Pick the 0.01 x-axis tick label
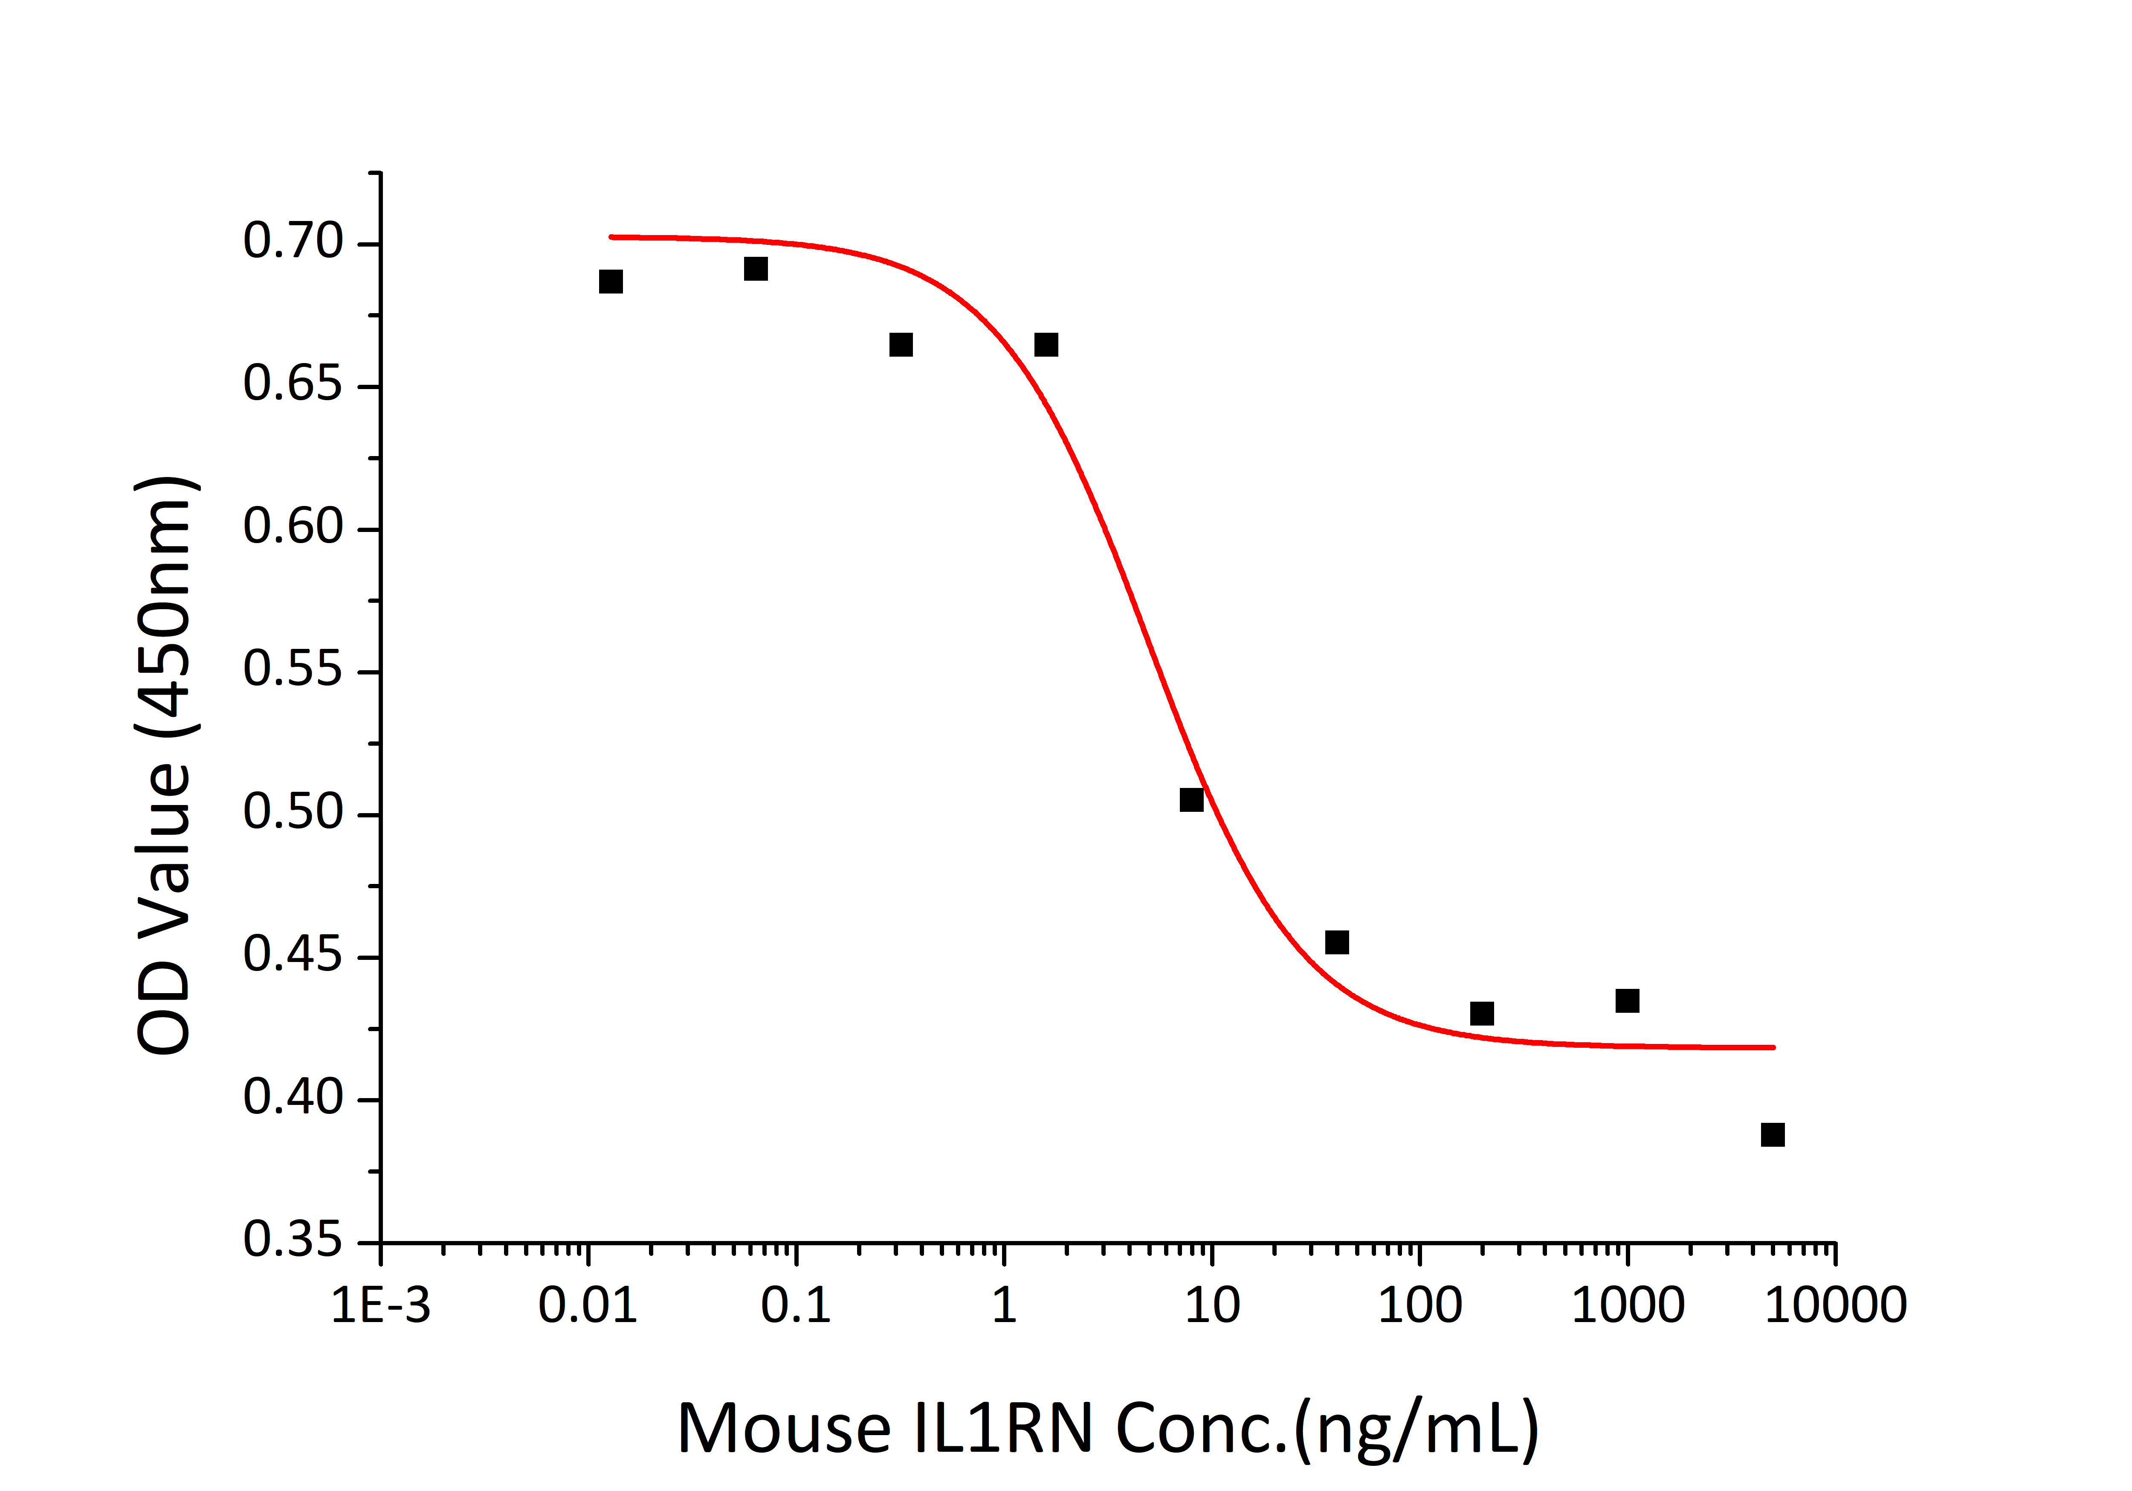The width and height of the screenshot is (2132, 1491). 588,1306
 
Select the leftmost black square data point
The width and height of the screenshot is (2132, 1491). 610,282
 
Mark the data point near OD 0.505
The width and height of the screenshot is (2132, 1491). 1191,800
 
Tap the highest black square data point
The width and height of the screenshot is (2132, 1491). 756,269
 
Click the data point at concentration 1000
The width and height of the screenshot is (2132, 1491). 1627,1000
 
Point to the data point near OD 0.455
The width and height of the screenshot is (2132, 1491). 1336,943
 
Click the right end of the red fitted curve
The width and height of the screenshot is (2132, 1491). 1773,1047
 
